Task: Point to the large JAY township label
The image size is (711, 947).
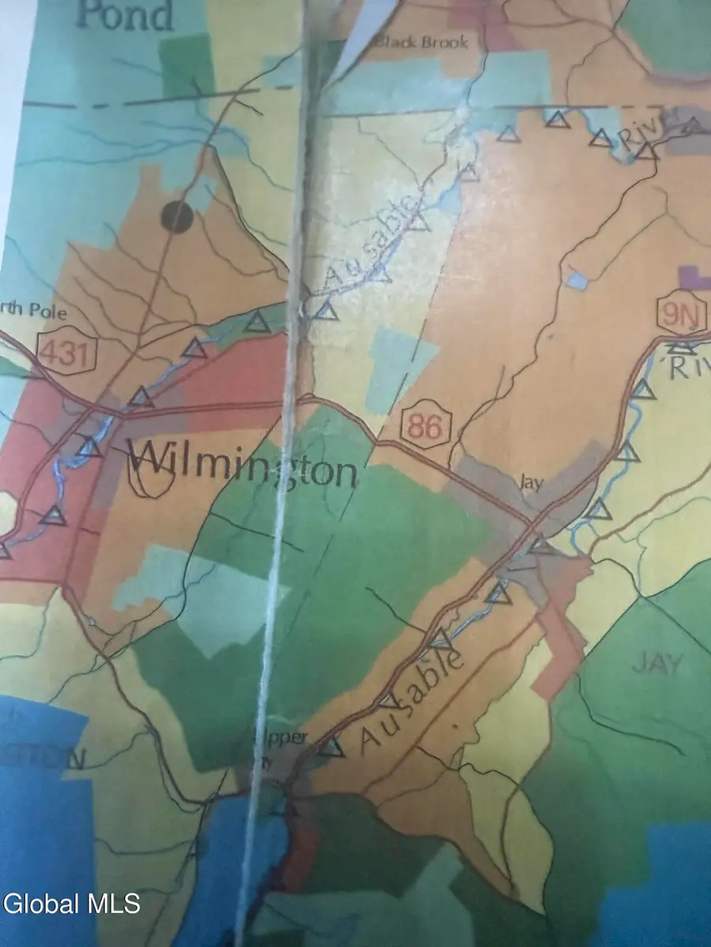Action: [656, 664]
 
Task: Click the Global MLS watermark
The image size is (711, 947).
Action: [71, 903]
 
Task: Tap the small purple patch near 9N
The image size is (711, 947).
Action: [694, 279]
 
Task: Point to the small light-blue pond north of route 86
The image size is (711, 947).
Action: [577, 280]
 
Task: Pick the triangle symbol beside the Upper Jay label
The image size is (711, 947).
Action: [332, 747]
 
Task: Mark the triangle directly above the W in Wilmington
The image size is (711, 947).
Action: [141, 397]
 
